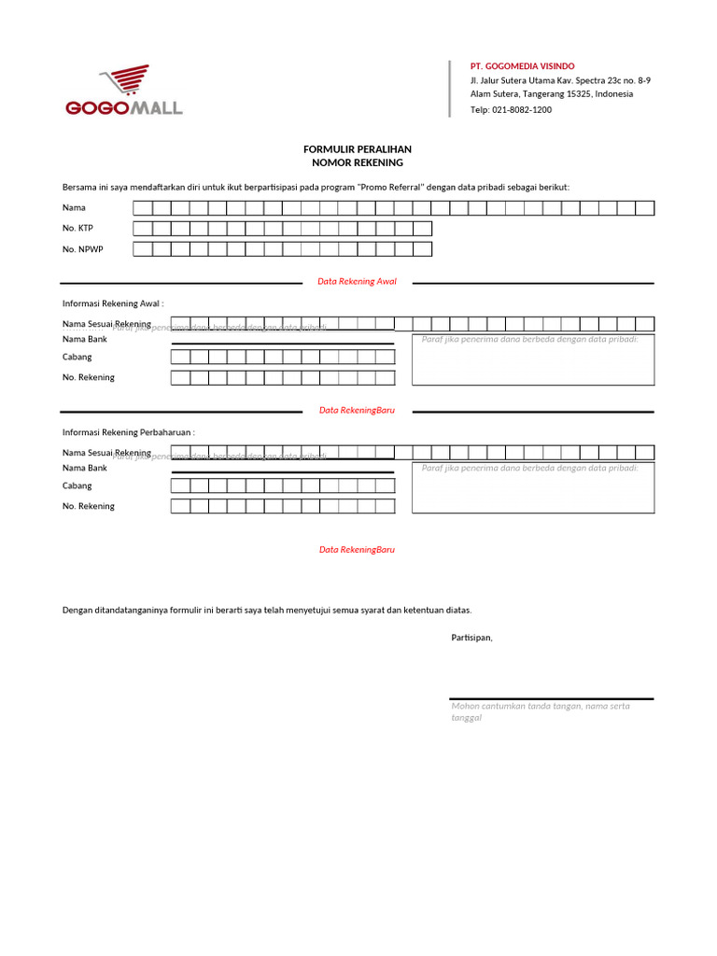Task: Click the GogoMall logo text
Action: pyautogui.click(x=124, y=108)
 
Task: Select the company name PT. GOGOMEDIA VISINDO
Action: pyautogui.click(x=522, y=66)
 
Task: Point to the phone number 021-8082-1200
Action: pyautogui.click(x=523, y=109)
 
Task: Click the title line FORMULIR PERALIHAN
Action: pyautogui.click(x=358, y=149)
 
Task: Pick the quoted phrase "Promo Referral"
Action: pyautogui.click(x=391, y=187)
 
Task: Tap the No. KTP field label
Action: pyautogui.click(x=77, y=229)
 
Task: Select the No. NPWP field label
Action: pyautogui.click(x=82, y=249)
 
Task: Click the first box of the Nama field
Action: pyautogui.click(x=143, y=208)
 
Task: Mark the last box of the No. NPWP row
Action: pyautogui.click(x=422, y=249)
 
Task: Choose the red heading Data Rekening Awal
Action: pyautogui.click(x=357, y=281)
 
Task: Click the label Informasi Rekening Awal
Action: pyautogui.click(x=113, y=303)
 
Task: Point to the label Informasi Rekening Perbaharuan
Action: pyautogui.click(x=128, y=432)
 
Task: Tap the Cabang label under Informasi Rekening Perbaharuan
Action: pyautogui.click(x=77, y=485)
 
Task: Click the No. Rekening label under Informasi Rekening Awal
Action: pyautogui.click(x=89, y=377)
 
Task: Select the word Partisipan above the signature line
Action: pyautogui.click(x=471, y=638)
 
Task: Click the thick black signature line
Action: pyautogui.click(x=551, y=698)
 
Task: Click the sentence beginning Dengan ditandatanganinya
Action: pyautogui.click(x=267, y=610)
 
